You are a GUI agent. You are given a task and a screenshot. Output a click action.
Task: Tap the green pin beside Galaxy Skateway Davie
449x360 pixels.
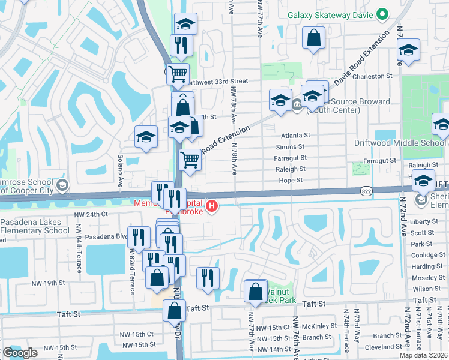pyautogui.click(x=382, y=14)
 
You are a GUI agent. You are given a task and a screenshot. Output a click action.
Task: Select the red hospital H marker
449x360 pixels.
pyautogui.click(x=211, y=208)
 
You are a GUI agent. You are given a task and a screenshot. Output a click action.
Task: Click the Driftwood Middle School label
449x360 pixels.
pyautogui.click(x=408, y=143)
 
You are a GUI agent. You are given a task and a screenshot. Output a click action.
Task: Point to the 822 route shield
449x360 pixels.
pyautogui.click(x=365, y=190)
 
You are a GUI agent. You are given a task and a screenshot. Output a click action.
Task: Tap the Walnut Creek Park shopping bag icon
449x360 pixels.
pyautogui.click(x=255, y=292)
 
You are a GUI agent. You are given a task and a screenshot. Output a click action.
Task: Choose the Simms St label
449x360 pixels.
pyautogui.click(x=290, y=147)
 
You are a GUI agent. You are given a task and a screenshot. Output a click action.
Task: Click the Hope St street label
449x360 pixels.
pyautogui.click(x=290, y=180)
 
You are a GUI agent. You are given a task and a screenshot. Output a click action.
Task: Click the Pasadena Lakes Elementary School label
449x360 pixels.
pyautogui.click(x=35, y=226)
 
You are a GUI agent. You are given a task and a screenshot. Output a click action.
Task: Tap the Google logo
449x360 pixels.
pyautogui.click(x=20, y=353)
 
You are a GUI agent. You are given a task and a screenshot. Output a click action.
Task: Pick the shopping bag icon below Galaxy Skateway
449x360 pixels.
pyautogui.click(x=313, y=40)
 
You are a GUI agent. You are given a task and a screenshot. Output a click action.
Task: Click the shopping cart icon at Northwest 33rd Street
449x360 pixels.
pyautogui.click(x=178, y=75)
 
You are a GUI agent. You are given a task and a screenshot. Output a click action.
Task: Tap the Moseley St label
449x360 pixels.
pyautogui.click(x=427, y=278)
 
